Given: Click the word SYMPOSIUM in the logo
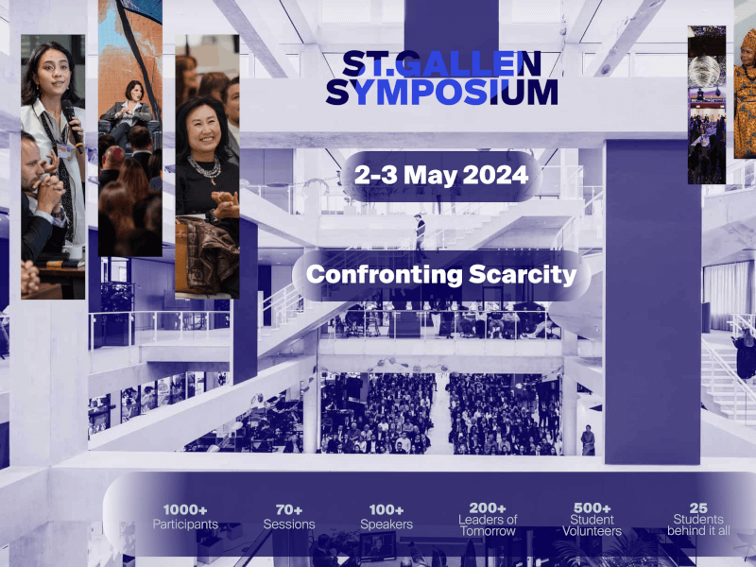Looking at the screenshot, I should click(441, 92).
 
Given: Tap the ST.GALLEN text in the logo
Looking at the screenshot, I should click(441, 63).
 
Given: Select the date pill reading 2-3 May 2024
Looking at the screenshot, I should click(441, 175).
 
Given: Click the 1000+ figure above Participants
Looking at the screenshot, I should click(185, 510).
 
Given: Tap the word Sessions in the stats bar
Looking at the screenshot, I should click(289, 524).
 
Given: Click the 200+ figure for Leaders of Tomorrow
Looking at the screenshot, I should click(489, 507).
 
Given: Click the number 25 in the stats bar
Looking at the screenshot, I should click(698, 507).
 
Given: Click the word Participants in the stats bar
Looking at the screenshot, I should click(185, 524).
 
